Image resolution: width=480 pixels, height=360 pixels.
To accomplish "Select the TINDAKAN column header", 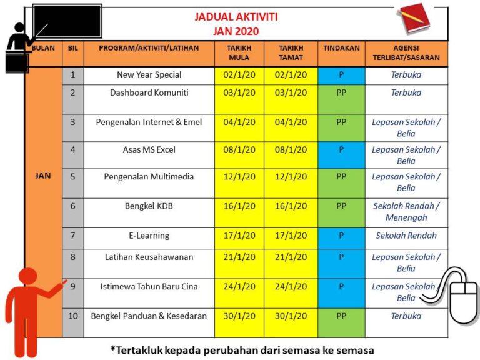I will (341, 47).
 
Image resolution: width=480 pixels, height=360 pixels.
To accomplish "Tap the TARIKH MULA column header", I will (239, 52).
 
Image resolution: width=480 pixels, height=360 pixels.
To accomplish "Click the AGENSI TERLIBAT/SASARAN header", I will (406, 52).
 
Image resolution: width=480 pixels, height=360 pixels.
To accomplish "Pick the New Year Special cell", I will (149, 74).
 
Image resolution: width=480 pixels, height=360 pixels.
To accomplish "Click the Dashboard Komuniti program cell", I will (149, 92).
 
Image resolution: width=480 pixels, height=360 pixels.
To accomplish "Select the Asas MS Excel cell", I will (149, 149).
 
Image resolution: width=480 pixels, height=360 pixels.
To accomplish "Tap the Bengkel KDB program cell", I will (149, 206).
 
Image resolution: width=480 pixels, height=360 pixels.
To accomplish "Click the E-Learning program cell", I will (149, 236).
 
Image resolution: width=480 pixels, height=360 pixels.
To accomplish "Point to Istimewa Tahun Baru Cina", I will (149, 286).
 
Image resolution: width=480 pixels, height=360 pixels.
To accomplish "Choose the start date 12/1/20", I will (239, 177).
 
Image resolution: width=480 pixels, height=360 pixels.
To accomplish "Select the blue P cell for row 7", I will (341, 236).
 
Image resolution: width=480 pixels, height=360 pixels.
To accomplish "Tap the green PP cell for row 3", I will (341, 122).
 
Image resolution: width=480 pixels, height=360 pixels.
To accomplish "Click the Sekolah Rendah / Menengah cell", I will (406, 212).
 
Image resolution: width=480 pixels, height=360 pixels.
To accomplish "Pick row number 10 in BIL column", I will (72, 316).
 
